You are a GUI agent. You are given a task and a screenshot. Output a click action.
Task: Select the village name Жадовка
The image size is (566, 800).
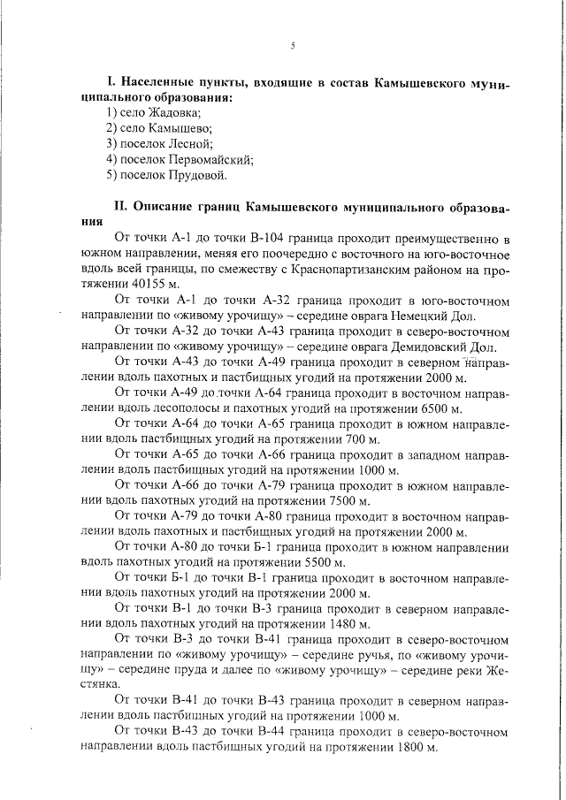(x=176, y=112)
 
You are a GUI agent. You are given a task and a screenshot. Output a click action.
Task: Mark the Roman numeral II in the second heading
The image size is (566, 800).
(x=122, y=206)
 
